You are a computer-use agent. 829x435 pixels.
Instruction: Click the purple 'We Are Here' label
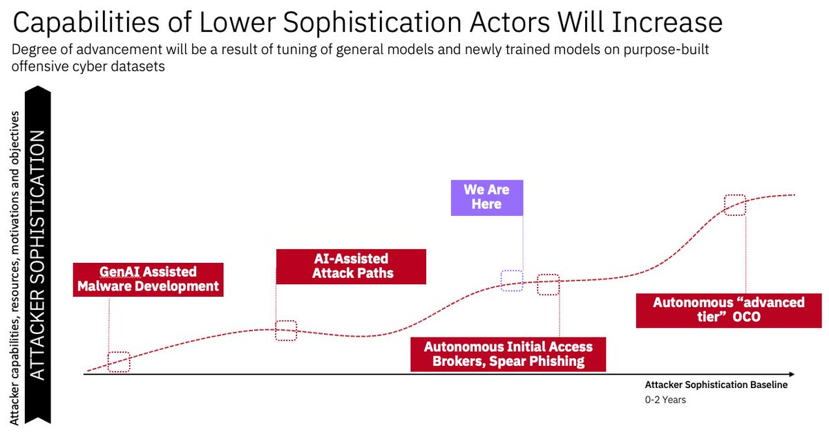pyautogui.click(x=487, y=197)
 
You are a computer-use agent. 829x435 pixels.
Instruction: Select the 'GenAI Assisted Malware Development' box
pyautogui.click(x=149, y=279)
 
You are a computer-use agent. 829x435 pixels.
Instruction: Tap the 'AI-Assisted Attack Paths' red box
pyautogui.click(x=350, y=266)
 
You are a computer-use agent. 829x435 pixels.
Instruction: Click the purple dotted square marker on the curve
pyautogui.click(x=511, y=280)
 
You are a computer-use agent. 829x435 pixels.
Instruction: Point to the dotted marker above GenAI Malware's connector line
pyautogui.click(x=119, y=362)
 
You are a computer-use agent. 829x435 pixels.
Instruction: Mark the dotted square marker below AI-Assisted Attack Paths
pyautogui.click(x=286, y=331)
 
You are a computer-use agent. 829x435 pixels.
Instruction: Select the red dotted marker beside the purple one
pyautogui.click(x=548, y=284)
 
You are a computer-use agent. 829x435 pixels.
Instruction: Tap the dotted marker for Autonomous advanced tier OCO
pyautogui.click(x=735, y=204)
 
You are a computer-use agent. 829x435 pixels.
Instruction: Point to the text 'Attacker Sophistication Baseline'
pyautogui.click(x=716, y=385)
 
